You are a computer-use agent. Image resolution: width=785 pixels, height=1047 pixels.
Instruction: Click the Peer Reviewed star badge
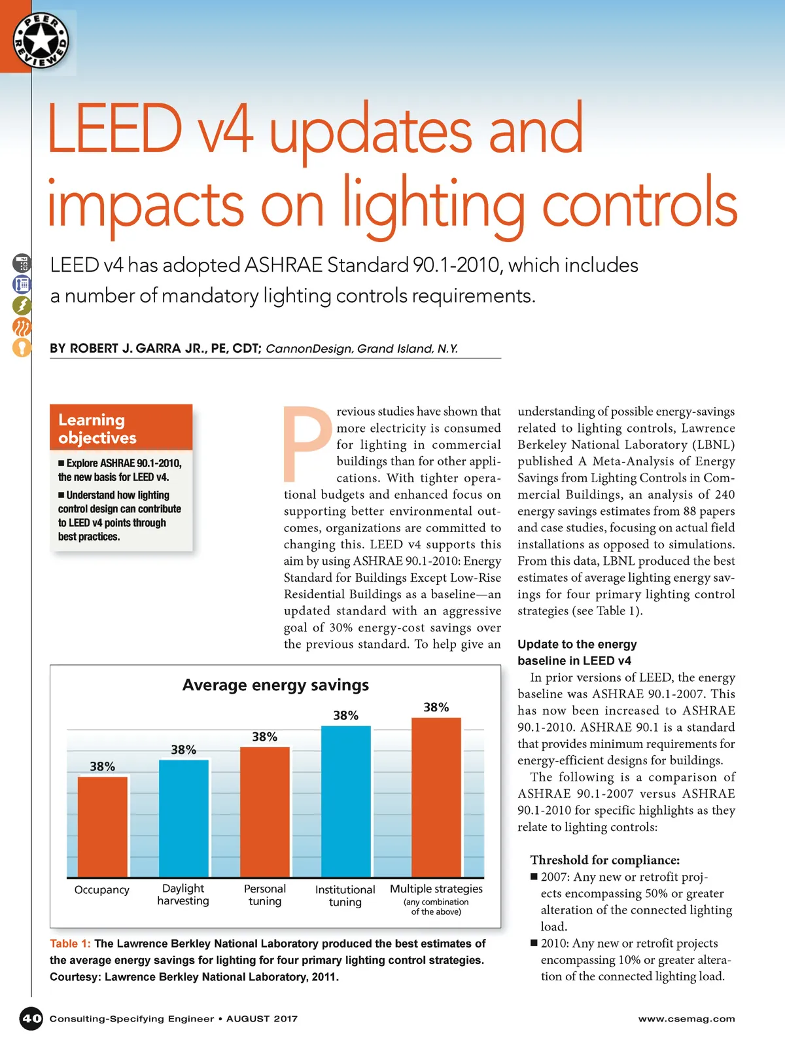pos(41,41)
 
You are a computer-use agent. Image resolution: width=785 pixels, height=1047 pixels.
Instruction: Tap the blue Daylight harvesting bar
pos(184,818)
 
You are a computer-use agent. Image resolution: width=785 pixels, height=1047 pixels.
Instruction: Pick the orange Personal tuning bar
pos(265,811)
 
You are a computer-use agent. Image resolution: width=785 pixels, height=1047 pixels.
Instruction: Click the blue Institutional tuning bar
pos(345,801)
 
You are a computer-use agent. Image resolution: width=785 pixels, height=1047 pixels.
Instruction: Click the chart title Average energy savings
pos(275,685)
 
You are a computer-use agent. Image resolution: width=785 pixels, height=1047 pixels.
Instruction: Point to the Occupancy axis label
pos(102,890)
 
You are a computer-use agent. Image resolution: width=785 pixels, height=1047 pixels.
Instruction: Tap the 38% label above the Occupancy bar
pos(103,766)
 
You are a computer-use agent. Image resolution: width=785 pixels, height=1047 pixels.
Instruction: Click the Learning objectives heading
pos(97,429)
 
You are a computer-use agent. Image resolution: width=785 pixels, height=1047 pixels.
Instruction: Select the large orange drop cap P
pos(306,445)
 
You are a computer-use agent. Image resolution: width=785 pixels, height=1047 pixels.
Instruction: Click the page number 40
pos(31,1018)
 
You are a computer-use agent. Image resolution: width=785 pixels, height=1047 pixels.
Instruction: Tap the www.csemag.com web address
pos(686,1019)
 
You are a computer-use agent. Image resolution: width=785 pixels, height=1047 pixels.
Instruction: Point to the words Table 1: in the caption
pos(70,944)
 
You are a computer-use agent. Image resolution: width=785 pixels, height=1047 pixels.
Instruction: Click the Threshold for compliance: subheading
pos(605,860)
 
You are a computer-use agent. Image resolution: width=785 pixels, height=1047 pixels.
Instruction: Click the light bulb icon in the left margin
pos(22,347)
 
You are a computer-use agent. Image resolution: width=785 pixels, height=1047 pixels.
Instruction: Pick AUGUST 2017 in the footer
pos(262,1019)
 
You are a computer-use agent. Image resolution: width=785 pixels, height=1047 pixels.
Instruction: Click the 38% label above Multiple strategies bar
pos(436,707)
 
